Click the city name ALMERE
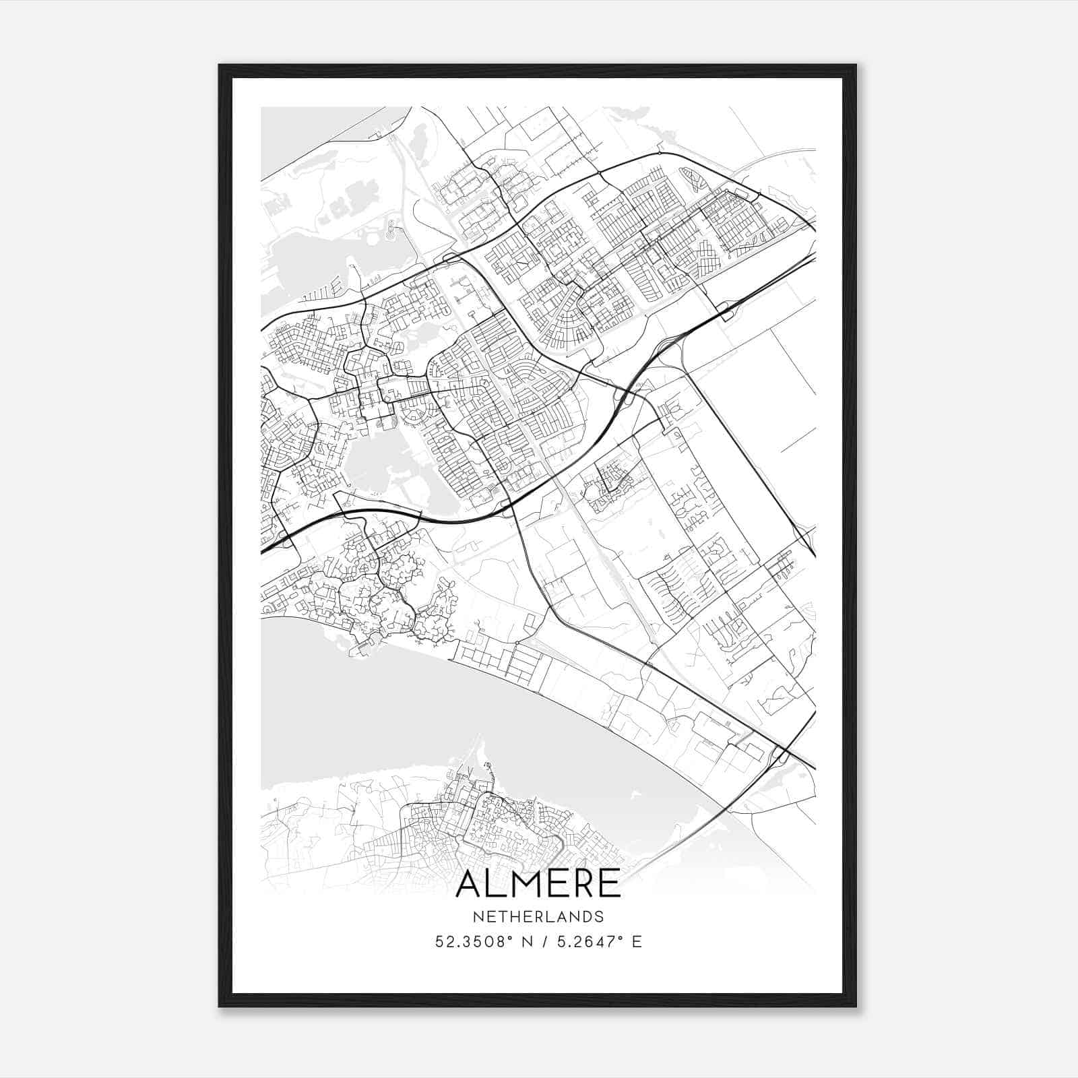click(538, 884)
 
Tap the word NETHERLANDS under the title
click(538, 917)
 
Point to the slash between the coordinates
click(540, 942)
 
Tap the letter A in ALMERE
click(470, 884)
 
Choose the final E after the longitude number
click(637, 942)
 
